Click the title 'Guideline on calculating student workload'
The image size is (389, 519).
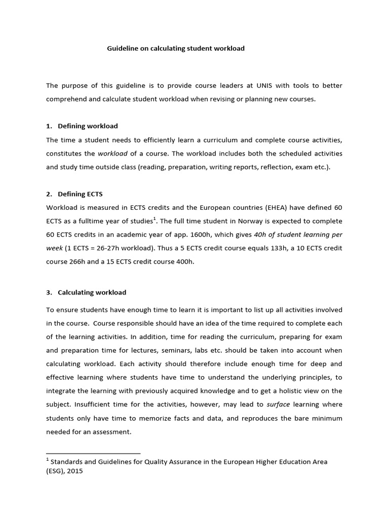coord(176,49)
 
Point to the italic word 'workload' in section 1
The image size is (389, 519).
coord(112,154)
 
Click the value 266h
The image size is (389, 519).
coord(77,263)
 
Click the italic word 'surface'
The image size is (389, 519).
coord(278,404)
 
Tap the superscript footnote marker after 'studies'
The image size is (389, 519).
coord(154,219)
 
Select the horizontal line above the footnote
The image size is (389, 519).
coord(93,453)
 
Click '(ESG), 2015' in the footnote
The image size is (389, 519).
coord(64,471)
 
